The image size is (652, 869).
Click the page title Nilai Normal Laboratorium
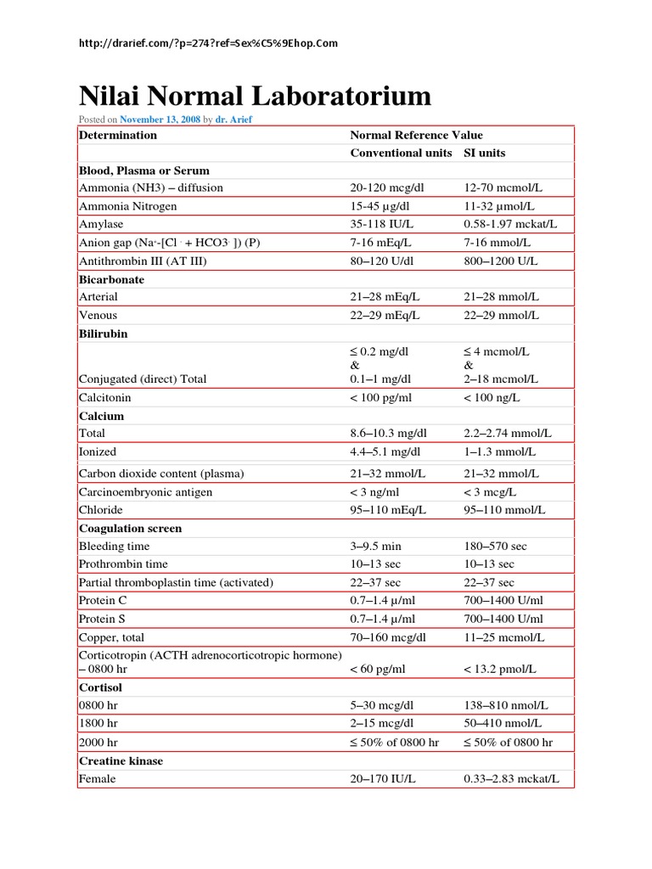[255, 95]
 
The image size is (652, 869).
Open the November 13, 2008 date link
[160, 120]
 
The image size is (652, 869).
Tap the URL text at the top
[207, 43]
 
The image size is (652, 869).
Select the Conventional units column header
[401, 153]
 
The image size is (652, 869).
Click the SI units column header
[484, 153]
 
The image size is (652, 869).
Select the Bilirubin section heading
[103, 334]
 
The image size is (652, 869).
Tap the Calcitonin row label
[106, 397]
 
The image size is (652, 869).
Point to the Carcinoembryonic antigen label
[145, 492]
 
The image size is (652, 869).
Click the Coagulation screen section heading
[130, 528]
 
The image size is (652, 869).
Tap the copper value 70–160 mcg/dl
[388, 637]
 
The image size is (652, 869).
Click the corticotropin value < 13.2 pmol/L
[500, 669]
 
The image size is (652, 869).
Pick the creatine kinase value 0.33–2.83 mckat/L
[512, 778]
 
